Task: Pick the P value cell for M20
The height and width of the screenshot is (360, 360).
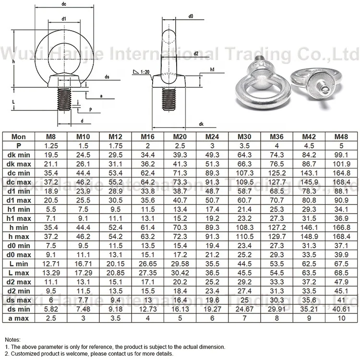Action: (x=180, y=145)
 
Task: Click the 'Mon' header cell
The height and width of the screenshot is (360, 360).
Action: (x=18, y=137)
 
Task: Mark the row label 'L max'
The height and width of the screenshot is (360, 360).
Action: (x=18, y=273)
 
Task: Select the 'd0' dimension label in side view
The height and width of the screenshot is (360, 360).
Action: (x=191, y=16)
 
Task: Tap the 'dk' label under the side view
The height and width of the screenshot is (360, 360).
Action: (x=201, y=124)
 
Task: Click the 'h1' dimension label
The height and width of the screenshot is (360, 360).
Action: (x=212, y=70)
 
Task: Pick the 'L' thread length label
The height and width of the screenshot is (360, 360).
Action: (x=13, y=102)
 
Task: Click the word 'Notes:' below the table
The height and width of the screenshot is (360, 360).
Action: (x=13, y=338)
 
